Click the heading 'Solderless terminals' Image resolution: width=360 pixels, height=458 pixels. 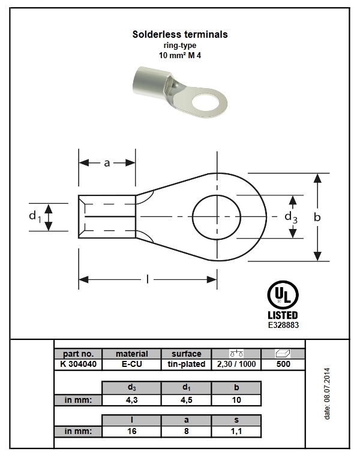coord(180,35)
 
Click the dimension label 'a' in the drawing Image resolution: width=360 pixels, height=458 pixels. coord(107,162)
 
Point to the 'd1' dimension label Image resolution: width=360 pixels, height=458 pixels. coord(35,216)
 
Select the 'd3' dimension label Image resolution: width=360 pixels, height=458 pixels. coord(291,216)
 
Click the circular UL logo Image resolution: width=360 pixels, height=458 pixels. coord(282,295)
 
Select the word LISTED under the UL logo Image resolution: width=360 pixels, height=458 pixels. coord(282,315)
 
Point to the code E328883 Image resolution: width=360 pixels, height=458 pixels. coord(283,325)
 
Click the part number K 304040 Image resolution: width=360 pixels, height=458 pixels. coord(77,364)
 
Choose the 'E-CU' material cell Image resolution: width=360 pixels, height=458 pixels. coord(131,364)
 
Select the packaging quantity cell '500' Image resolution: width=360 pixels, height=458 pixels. coord(283,364)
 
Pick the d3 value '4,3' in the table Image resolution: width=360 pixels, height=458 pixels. coord(131,400)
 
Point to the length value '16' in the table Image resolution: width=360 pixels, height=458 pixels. coord(131,431)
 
